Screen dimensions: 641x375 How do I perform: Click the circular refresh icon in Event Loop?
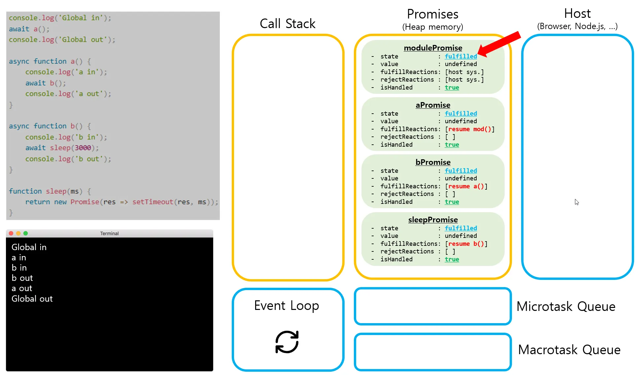287,342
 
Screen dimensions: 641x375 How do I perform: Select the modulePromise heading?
433,48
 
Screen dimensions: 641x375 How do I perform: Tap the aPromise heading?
433,105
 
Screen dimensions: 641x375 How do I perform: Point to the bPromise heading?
433,162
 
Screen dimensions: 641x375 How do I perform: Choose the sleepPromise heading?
433,220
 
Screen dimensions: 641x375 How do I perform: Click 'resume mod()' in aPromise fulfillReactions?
470,129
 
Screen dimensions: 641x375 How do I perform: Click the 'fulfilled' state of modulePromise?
461,56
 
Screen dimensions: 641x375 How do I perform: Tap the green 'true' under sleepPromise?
452,259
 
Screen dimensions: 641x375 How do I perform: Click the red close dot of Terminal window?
11,233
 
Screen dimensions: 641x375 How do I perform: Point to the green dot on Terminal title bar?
26,233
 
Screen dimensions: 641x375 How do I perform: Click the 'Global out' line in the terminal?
32,299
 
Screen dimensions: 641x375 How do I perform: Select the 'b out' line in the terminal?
22,278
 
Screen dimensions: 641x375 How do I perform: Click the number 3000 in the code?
83,148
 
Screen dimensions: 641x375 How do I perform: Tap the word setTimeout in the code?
153,202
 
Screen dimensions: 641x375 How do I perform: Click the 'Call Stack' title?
287,23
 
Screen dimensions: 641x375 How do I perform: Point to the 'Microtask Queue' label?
566,307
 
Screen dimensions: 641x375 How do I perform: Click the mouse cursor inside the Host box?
577,202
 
